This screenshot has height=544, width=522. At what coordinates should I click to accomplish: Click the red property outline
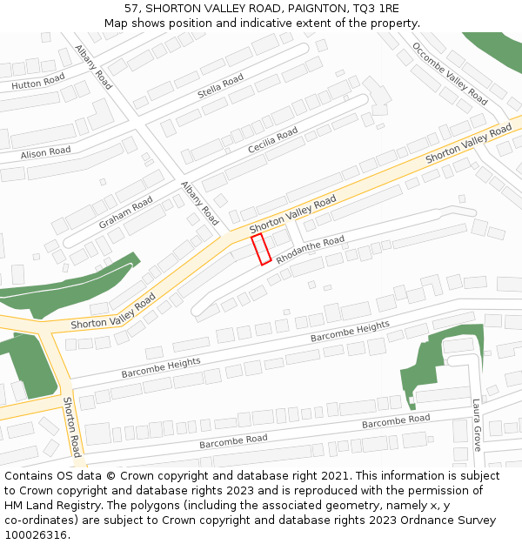click(x=261, y=249)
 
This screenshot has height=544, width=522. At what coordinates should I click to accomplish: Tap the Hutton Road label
click(x=38, y=83)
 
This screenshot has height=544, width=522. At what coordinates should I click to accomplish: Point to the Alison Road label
click(x=46, y=151)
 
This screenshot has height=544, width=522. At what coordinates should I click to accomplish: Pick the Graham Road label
click(x=125, y=212)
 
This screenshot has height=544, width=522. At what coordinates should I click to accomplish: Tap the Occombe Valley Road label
click(x=450, y=73)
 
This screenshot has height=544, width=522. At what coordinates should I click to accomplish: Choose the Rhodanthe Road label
click(x=310, y=250)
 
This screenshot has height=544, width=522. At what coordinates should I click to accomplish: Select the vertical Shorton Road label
click(x=71, y=426)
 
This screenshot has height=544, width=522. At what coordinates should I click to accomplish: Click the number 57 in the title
click(x=131, y=9)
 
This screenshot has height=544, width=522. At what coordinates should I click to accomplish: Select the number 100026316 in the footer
click(x=36, y=535)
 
